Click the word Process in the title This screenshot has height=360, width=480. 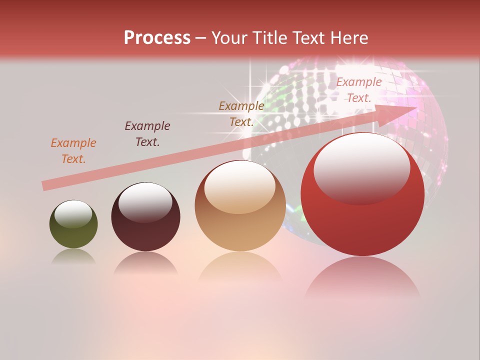point(157,38)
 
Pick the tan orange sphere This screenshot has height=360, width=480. point(240,205)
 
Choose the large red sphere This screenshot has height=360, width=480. point(362,194)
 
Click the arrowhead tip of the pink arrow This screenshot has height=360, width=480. point(416,107)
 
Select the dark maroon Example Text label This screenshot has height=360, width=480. point(147,134)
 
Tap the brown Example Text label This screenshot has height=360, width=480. point(241,113)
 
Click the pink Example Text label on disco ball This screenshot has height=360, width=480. point(359,90)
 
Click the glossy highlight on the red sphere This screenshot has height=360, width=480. point(361,167)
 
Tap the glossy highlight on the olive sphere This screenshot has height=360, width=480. point(73,214)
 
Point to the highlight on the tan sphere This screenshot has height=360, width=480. point(240,186)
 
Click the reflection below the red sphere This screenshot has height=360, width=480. point(362,277)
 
